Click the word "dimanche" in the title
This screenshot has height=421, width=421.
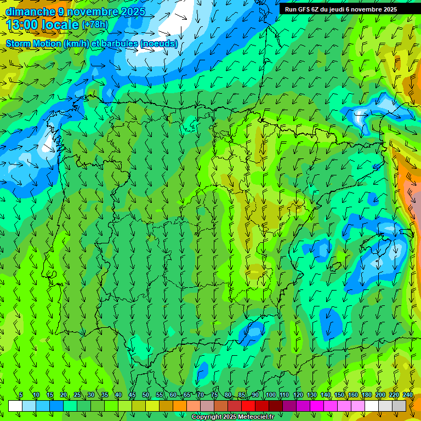(x=31, y=12)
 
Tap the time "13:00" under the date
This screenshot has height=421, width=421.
(x=22, y=25)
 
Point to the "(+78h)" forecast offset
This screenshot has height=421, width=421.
(x=95, y=25)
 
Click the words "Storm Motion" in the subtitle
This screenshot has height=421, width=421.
(x=33, y=44)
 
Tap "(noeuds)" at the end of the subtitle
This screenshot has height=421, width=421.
(x=160, y=44)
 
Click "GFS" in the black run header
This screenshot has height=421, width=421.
(x=305, y=9)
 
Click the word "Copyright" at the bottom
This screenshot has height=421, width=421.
(x=207, y=417)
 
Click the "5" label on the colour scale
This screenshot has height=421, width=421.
(x=21, y=395)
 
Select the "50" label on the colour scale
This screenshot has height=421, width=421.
(x=146, y=395)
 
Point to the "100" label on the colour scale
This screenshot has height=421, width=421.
(x=271, y=395)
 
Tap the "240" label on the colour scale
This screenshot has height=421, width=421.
(x=408, y=395)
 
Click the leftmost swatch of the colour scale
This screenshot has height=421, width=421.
(x=15, y=406)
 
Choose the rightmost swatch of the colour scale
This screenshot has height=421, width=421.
(x=399, y=406)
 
